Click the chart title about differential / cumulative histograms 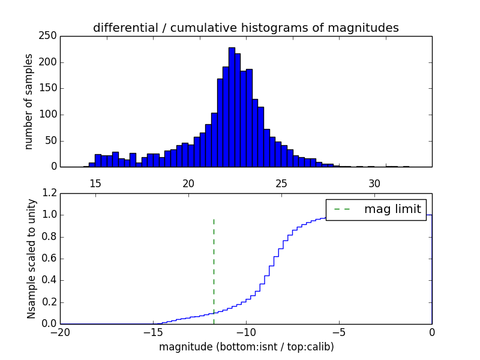click(x=245, y=28)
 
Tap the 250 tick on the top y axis click(x=50, y=36)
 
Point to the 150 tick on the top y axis click(x=50, y=88)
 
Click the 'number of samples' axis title click(x=29, y=101)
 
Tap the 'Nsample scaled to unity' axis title click(x=31, y=258)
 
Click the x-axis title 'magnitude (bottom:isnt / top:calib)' click(x=246, y=347)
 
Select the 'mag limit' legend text click(x=392, y=209)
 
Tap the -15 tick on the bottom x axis click(x=153, y=332)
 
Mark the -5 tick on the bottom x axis click(x=339, y=332)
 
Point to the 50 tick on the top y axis click(x=52, y=140)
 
